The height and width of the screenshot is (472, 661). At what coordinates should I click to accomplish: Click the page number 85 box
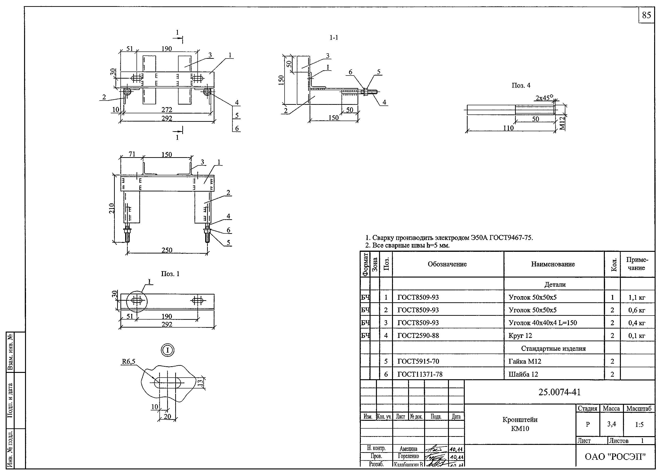(x=646, y=15)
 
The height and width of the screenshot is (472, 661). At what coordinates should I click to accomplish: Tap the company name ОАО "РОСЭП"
(x=615, y=457)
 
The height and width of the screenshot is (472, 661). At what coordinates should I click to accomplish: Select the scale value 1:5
(x=639, y=425)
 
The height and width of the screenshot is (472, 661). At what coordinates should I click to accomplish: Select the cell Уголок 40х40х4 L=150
(x=543, y=323)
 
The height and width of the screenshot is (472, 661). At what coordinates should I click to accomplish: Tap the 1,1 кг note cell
(x=637, y=297)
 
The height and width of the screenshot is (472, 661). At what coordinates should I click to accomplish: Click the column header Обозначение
(x=447, y=264)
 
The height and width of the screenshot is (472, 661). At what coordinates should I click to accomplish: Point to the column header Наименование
(x=553, y=264)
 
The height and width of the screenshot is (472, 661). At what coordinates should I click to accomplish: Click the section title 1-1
(x=333, y=38)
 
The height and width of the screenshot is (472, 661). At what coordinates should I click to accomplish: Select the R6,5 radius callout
(x=128, y=362)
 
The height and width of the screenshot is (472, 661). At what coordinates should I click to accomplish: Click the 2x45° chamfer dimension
(x=544, y=98)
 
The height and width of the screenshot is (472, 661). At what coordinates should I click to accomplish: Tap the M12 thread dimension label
(x=562, y=123)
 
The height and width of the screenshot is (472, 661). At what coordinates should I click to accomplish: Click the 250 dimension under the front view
(x=167, y=250)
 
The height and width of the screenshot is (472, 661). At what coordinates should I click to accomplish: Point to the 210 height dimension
(x=112, y=208)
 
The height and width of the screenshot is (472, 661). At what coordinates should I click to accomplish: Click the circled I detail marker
(x=167, y=350)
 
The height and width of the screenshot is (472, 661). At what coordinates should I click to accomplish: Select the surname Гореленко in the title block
(x=408, y=456)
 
